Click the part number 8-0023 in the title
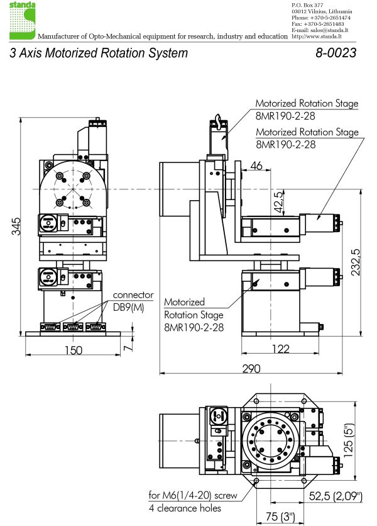[x=336, y=53]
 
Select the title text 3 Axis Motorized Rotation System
[x=99, y=53]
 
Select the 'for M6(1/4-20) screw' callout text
[x=193, y=496]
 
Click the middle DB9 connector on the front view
[x=72, y=327]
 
